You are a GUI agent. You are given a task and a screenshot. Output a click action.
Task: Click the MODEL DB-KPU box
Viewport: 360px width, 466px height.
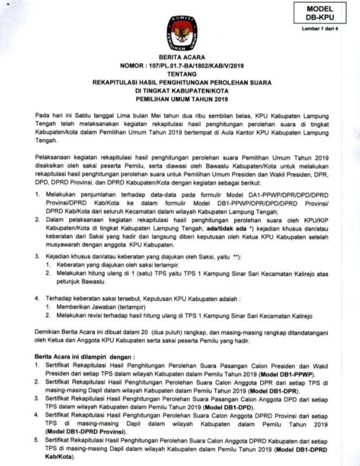click(x=319, y=13)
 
